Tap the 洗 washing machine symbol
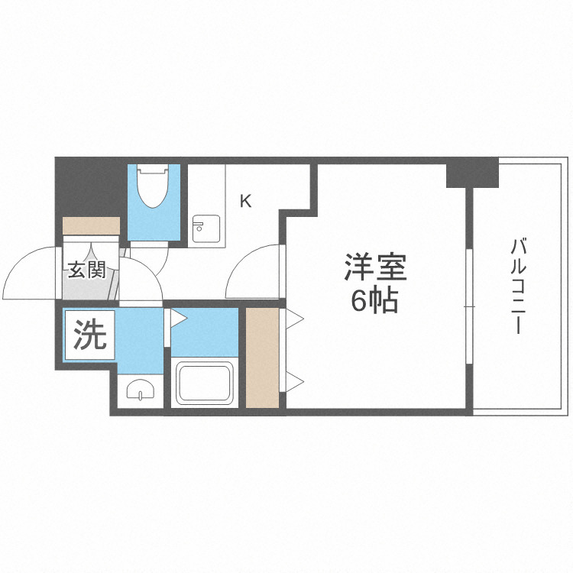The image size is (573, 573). click(89, 334)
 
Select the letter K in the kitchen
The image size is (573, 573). click(245, 202)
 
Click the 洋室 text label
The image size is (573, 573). click(374, 268)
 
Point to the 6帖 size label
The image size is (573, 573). click(374, 301)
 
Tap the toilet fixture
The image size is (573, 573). click(152, 188)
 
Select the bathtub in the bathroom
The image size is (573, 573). click(205, 384)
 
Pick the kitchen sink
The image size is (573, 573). click(205, 228)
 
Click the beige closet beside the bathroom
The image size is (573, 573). click(263, 358)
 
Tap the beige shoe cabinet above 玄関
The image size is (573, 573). click(92, 227)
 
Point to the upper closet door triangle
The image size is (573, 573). click(295, 316)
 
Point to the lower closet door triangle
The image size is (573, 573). click(295, 380)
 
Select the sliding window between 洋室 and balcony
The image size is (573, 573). click(468, 306)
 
